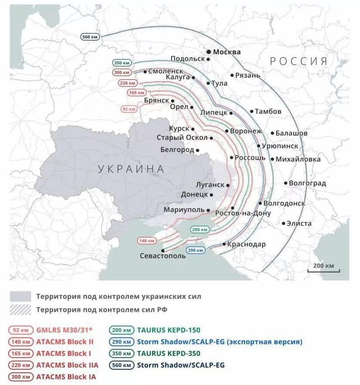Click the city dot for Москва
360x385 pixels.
(209, 52)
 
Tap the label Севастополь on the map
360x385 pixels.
(162, 256)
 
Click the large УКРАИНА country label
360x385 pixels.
(131, 169)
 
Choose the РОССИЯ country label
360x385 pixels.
(298, 61)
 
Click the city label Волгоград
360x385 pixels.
(307, 183)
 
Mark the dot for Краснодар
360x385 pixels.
(224, 244)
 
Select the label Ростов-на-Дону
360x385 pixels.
(243, 213)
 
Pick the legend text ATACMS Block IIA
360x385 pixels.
(67, 365)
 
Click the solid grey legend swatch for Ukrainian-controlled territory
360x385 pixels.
(20, 297)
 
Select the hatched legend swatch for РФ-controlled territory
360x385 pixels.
(20, 310)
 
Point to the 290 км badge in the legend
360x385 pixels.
(121, 342)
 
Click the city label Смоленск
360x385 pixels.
(165, 71)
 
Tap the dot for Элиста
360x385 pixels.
(283, 223)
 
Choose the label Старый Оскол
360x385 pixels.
(182, 138)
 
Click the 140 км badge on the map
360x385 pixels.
(147, 240)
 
